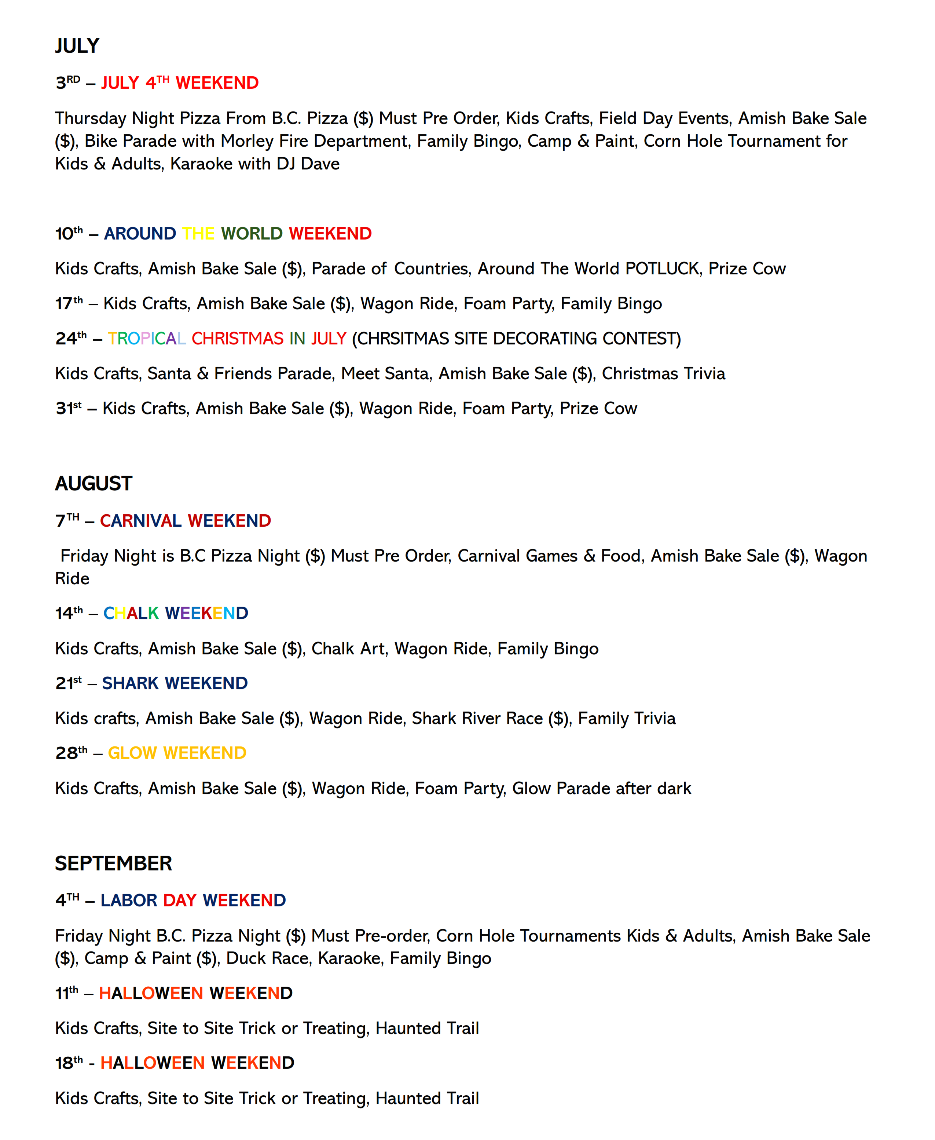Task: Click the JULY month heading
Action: [x=77, y=46]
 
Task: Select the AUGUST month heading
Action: [x=94, y=484]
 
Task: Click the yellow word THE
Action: [x=198, y=234]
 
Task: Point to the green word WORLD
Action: [x=252, y=234]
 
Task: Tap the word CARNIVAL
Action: [x=140, y=521]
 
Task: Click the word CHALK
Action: [x=131, y=614]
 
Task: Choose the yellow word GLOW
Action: [x=132, y=753]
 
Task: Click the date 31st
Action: [x=69, y=408]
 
